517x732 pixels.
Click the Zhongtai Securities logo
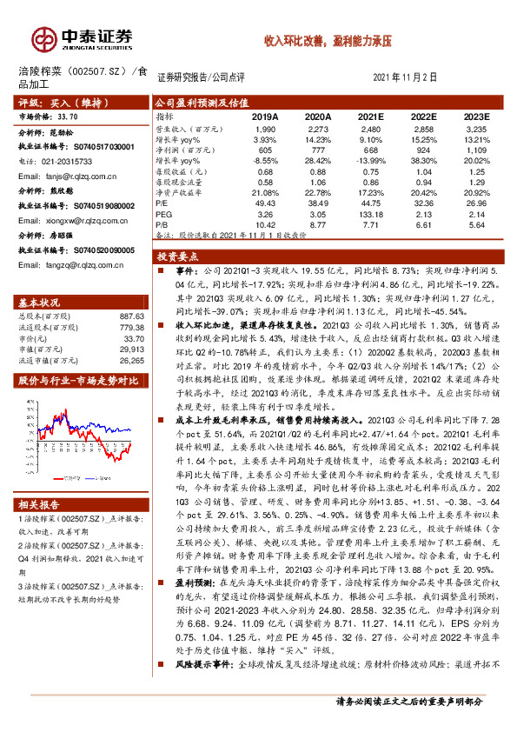(x=83, y=38)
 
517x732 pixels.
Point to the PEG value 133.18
(x=371, y=213)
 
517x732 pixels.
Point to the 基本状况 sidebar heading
(x=43, y=303)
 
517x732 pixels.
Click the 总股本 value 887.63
(x=130, y=316)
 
